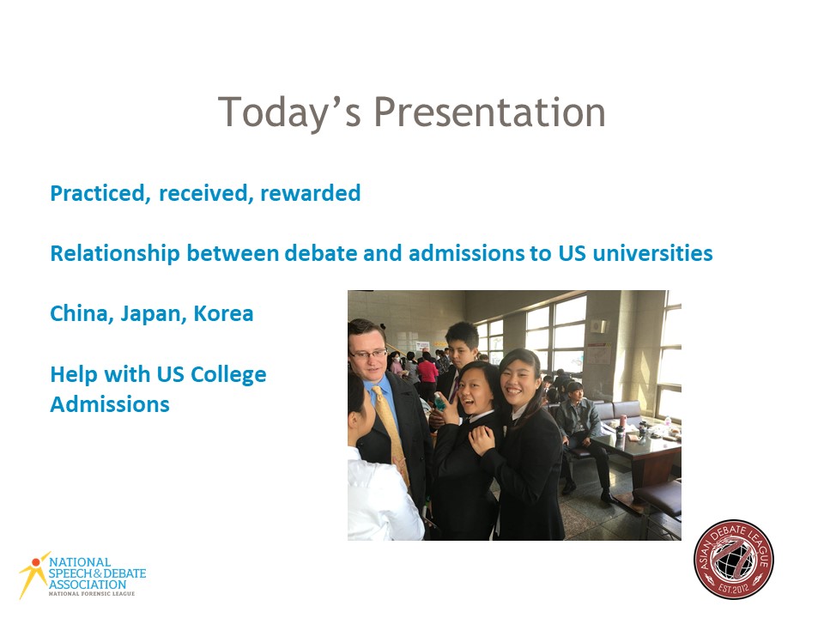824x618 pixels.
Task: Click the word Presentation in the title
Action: [x=489, y=112]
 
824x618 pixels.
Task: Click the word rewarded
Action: [x=311, y=193]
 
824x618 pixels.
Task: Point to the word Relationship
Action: [x=115, y=253]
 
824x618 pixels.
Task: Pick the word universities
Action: [x=652, y=252]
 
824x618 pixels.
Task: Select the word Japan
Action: [x=154, y=314]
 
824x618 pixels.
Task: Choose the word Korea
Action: [x=223, y=314]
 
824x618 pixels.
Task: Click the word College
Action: [x=228, y=375]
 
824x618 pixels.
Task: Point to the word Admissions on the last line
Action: [x=110, y=404]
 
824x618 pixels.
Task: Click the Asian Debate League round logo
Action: [x=734, y=559]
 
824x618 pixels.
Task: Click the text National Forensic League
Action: [x=92, y=594]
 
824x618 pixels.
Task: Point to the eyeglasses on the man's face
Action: [x=369, y=354]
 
